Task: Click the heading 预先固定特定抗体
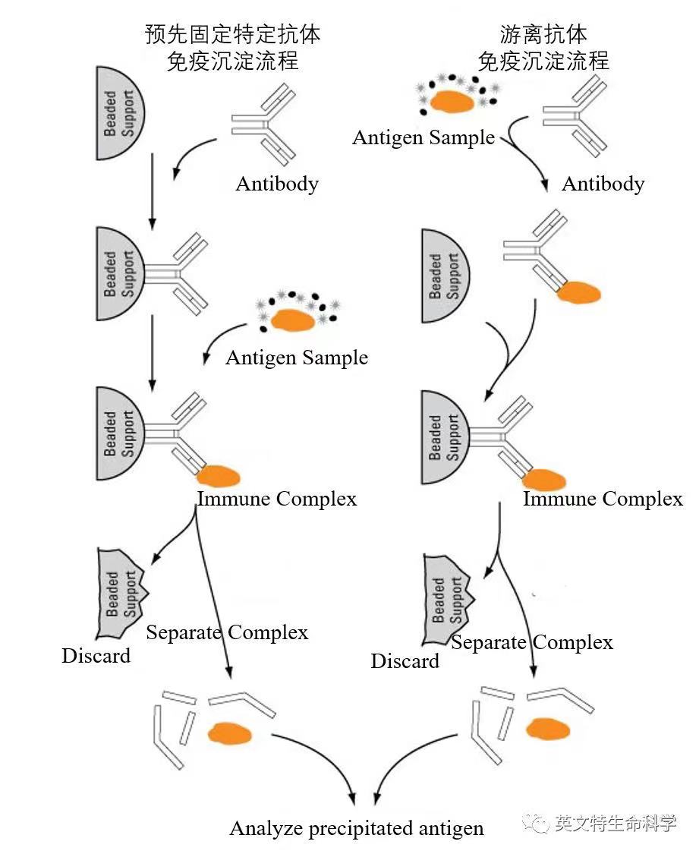point(232,34)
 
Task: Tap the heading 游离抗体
point(543,34)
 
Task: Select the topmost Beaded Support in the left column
point(121,113)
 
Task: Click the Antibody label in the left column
point(277,184)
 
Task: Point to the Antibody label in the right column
point(603,184)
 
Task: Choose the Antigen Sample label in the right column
point(423,137)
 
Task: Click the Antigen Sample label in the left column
point(297,358)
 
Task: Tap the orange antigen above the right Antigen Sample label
point(452,101)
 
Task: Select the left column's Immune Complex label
point(277,498)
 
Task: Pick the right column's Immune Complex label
point(603,498)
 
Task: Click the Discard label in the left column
point(96,655)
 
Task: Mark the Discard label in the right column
point(405,660)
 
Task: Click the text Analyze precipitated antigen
point(357,828)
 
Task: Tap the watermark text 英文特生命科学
point(616,822)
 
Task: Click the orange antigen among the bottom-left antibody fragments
point(230,733)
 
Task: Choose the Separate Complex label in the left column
point(227,632)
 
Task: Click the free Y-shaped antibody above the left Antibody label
point(263,124)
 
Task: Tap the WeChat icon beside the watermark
point(536,822)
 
